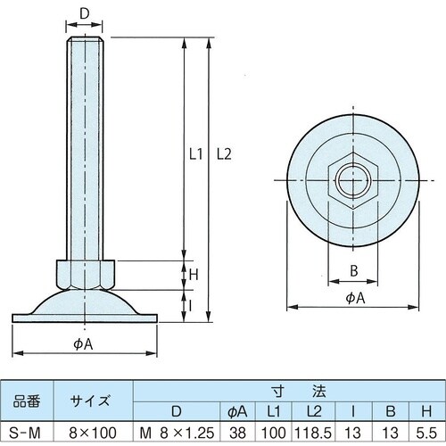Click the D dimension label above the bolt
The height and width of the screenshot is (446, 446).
[x=85, y=13]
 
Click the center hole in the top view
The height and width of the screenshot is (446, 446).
[x=352, y=182]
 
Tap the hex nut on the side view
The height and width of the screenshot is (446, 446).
[x=85, y=271]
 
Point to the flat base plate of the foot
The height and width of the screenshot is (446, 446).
[x=86, y=317]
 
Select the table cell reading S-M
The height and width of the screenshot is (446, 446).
[x=28, y=434]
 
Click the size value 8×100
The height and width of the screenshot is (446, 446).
[x=94, y=434]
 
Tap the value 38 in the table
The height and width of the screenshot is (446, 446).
[x=237, y=434]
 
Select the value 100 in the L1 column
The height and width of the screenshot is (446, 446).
[x=274, y=434]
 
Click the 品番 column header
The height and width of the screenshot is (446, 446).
[x=28, y=400]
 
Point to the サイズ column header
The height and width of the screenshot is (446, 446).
[x=94, y=400]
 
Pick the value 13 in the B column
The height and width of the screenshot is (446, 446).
[x=391, y=434]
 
